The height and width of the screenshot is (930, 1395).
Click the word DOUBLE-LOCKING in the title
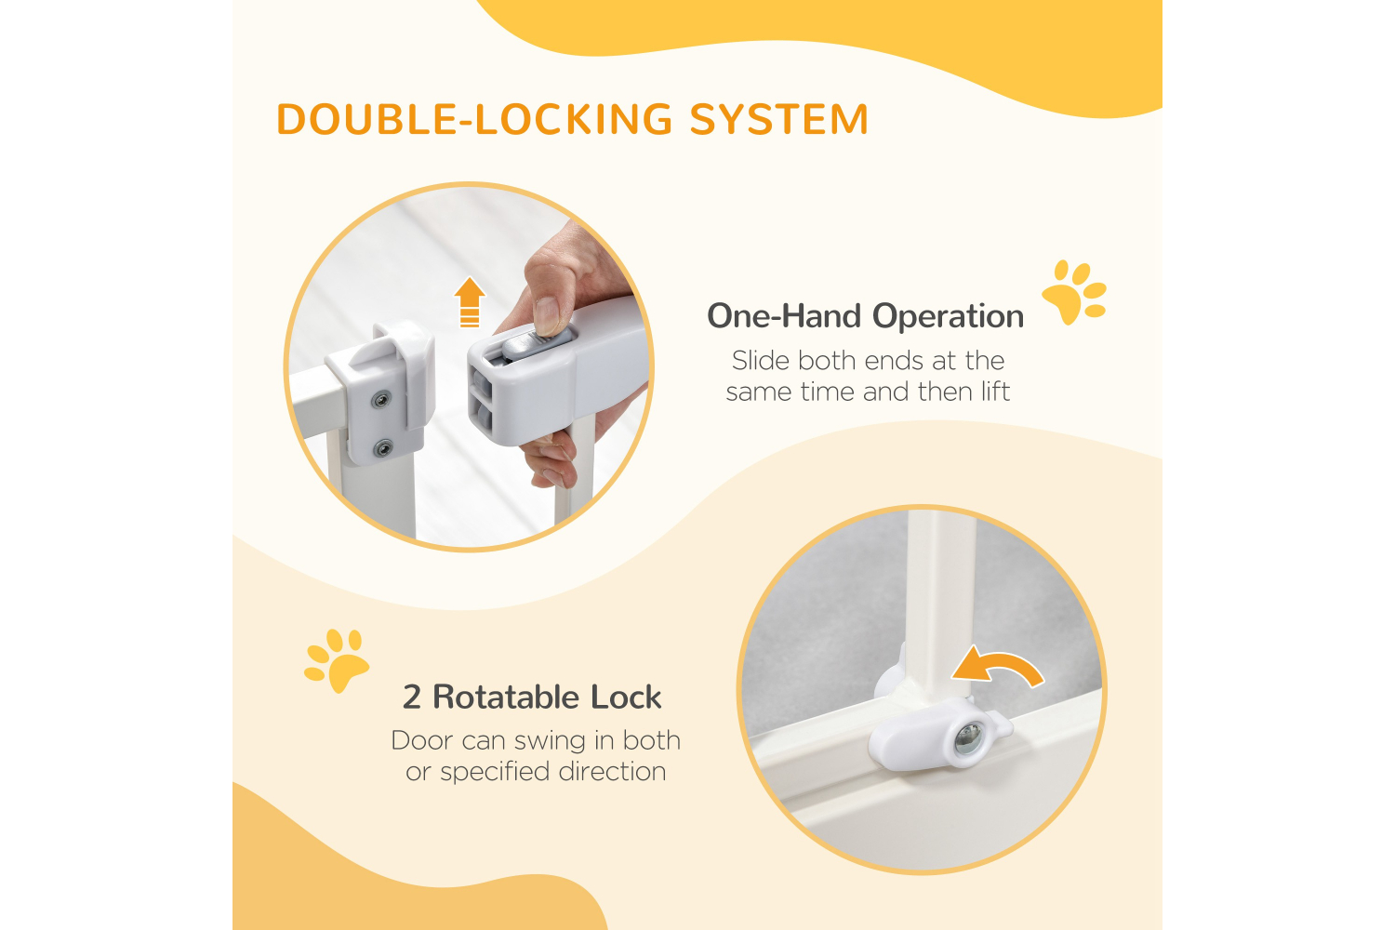coord(474,120)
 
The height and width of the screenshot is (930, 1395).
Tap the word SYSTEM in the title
coord(779,120)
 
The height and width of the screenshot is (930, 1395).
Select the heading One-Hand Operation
coord(865,316)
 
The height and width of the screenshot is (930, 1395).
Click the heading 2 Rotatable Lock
coord(532,697)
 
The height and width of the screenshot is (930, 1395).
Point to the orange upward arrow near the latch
coord(470,302)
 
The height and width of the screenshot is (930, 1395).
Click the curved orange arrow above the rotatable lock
coord(997,667)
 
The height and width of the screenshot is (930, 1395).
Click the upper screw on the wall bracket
coord(380,401)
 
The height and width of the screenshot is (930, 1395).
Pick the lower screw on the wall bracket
coord(382,449)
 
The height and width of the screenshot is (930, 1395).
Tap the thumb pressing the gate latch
coord(549,312)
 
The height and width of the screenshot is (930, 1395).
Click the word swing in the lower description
coord(551,740)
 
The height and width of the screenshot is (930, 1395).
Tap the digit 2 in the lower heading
coord(412,697)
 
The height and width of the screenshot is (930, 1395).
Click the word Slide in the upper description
coord(760,361)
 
